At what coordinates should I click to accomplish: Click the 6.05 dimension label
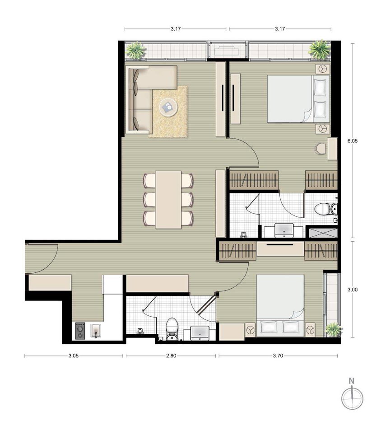[353, 140]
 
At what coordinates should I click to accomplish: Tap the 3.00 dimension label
[353, 290]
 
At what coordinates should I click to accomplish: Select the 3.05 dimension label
[73, 356]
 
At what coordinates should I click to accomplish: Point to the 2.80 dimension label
[171, 356]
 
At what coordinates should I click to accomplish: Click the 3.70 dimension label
[278, 356]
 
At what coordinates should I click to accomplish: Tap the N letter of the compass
[352, 381]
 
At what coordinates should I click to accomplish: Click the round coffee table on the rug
[168, 107]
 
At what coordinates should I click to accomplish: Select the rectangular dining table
[168, 200]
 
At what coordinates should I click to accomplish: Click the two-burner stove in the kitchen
[80, 331]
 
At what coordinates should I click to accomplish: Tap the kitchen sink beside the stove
[96, 331]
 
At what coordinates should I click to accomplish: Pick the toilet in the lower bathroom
[172, 329]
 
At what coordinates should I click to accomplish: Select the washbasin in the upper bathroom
[283, 230]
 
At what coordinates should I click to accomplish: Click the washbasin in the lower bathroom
[200, 333]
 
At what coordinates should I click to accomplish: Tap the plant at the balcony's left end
[136, 50]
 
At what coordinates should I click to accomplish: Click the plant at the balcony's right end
[319, 49]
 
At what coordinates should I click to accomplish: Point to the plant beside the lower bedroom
[333, 329]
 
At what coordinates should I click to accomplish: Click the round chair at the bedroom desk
[321, 149]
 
